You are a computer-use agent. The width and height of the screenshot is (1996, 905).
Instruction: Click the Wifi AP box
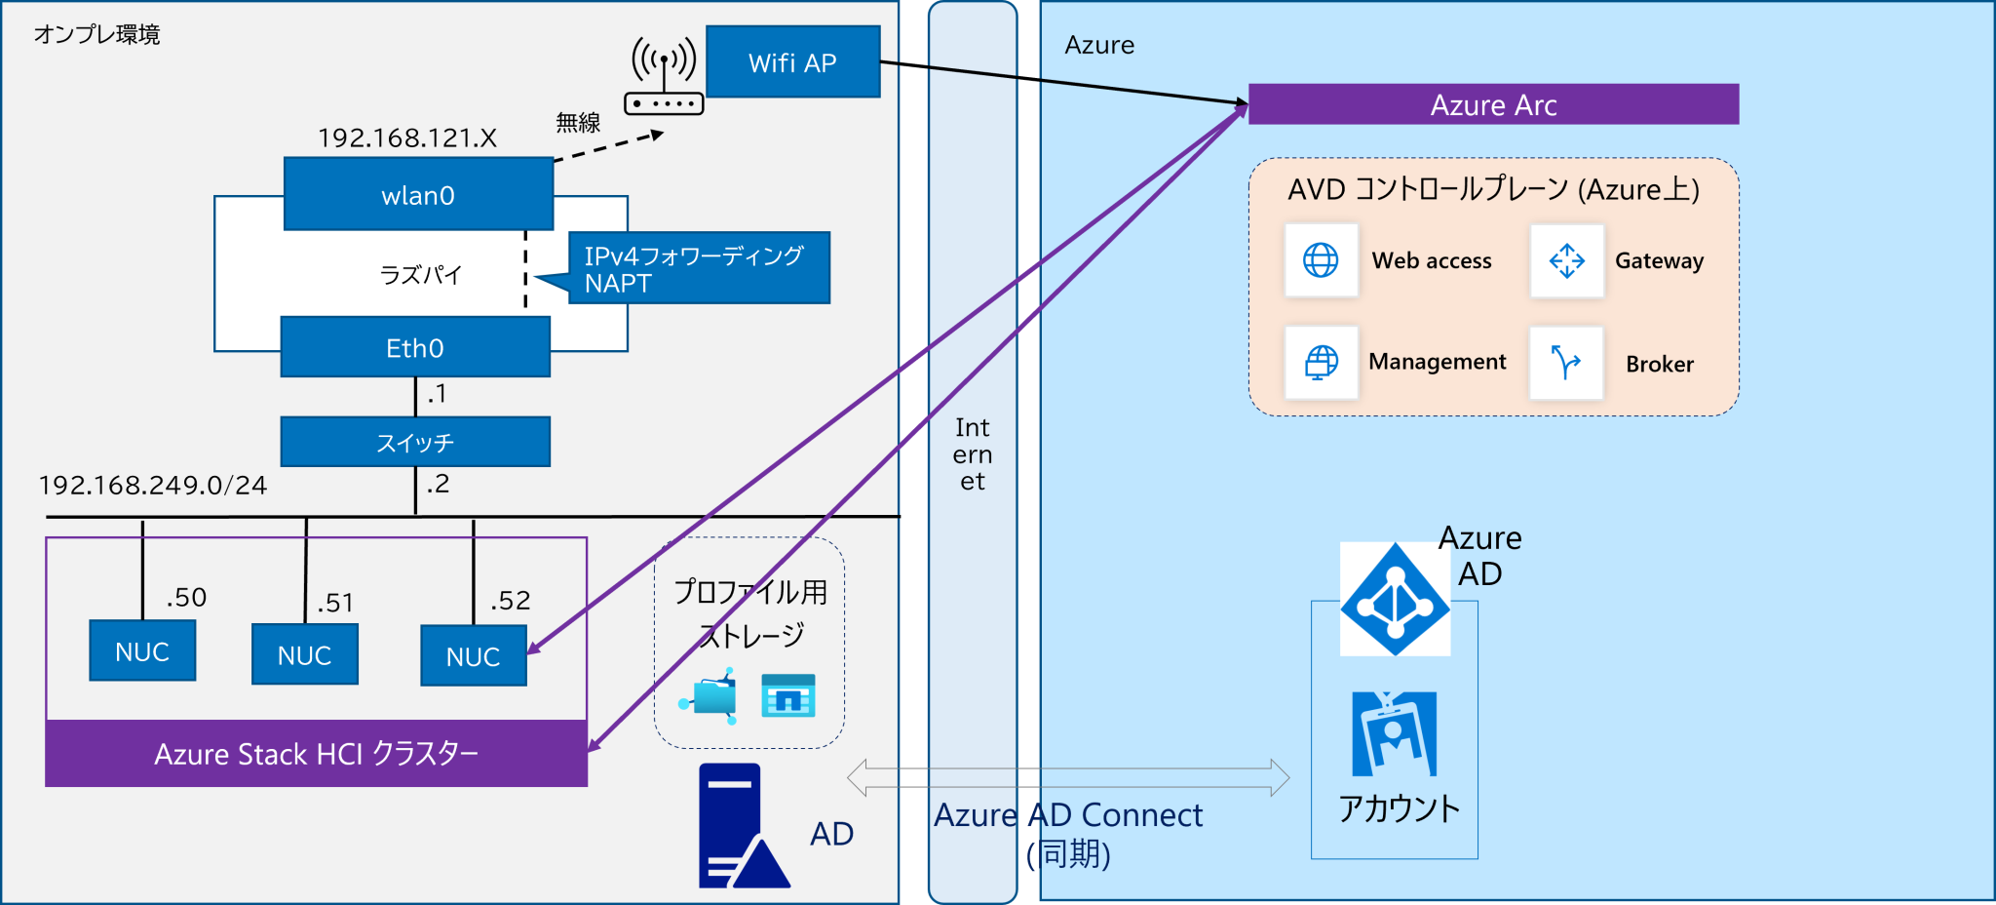tap(792, 62)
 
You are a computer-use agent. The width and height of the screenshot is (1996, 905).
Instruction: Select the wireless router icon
tap(664, 78)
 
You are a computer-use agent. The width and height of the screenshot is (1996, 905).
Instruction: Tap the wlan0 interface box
tap(418, 195)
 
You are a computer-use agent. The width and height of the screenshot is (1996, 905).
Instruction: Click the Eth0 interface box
tap(415, 347)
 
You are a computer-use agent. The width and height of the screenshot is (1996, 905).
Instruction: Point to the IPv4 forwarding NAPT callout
tap(698, 268)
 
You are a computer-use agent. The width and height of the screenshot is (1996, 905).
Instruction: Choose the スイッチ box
tap(415, 442)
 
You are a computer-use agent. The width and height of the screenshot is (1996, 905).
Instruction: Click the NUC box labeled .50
tap(142, 650)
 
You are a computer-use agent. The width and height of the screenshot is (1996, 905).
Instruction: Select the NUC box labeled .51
tap(304, 654)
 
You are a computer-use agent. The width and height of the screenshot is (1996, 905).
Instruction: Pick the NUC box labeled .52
tap(474, 656)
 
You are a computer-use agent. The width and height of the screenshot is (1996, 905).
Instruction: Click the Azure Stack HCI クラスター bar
tap(316, 753)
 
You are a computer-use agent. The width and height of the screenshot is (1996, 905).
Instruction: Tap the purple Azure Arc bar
tap(1493, 104)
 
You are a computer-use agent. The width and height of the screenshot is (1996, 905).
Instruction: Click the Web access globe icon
tap(1321, 260)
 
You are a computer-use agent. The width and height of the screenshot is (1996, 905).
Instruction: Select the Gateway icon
tap(1566, 260)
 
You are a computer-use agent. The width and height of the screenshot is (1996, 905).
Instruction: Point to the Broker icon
tap(1566, 363)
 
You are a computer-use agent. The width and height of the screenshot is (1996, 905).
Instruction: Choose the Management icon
tap(1321, 363)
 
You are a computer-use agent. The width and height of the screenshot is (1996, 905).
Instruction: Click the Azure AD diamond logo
tap(1395, 600)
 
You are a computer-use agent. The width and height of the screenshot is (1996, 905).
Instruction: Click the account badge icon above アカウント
tap(1394, 733)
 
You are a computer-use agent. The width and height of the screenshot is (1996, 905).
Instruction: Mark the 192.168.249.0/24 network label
tap(152, 486)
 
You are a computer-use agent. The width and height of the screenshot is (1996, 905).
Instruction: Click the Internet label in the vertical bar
tap(972, 454)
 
